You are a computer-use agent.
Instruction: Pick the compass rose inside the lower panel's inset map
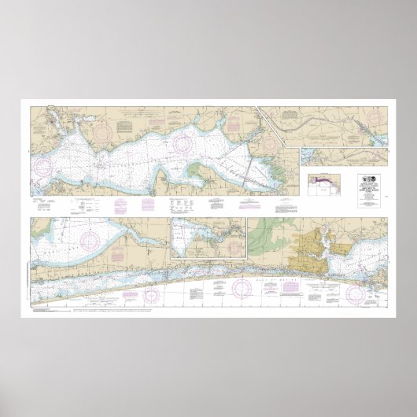click(187, 235)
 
